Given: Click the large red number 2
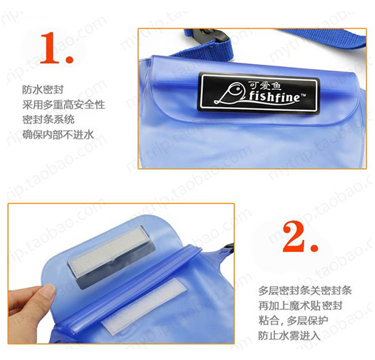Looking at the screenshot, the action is click(295, 236).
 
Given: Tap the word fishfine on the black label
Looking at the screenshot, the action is click(274, 97).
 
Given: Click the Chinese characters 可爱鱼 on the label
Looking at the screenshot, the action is click(265, 86).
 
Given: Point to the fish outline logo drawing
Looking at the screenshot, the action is click(230, 94).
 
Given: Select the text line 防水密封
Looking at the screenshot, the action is click(43, 90).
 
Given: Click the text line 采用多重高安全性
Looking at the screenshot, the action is click(64, 105).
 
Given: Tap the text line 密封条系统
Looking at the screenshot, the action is click(48, 119).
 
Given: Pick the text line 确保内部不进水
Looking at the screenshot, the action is click(58, 135).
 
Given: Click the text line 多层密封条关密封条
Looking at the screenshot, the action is click(305, 291).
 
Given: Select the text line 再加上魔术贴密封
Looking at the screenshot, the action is click(300, 306).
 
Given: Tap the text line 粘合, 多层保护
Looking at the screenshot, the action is click(293, 321).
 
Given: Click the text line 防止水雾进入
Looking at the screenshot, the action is click(289, 336).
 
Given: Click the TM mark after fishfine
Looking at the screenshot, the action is click(303, 95).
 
